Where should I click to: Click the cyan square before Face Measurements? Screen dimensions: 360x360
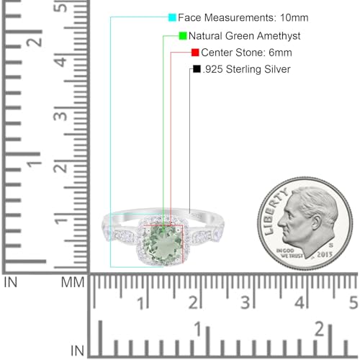click(x=172, y=17)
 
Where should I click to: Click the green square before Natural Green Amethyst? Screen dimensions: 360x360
click(x=183, y=35)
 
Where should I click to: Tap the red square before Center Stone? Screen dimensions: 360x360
click(x=195, y=53)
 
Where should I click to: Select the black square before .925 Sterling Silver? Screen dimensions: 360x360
click(x=197, y=70)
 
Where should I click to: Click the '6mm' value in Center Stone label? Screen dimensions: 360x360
click(x=277, y=53)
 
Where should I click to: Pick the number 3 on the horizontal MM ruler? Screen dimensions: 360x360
click(x=247, y=301)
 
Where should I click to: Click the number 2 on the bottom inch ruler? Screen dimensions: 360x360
click(x=318, y=329)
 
